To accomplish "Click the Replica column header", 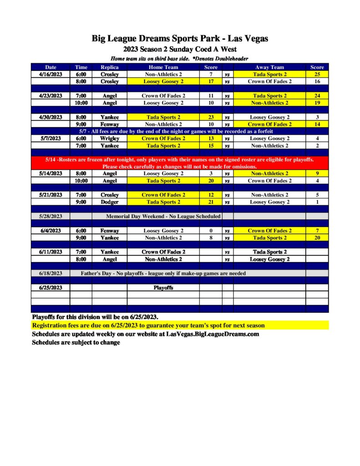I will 109,67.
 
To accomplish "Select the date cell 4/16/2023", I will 51,74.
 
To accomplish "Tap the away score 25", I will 317,74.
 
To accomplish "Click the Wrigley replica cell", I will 109,138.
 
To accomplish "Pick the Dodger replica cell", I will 109,202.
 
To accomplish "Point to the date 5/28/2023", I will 51,216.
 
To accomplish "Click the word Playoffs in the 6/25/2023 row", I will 163,288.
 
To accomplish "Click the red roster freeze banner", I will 180,163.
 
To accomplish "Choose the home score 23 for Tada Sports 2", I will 211,117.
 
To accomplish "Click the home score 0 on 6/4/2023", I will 211,231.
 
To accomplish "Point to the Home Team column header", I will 163,67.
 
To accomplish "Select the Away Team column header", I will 269,67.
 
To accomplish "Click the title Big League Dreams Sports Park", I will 180,39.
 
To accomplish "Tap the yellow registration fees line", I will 148,326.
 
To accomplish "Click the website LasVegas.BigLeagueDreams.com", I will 213,334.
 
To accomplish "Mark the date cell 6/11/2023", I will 51,252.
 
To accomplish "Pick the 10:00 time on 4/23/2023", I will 81,103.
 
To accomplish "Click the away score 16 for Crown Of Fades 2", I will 317,81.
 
